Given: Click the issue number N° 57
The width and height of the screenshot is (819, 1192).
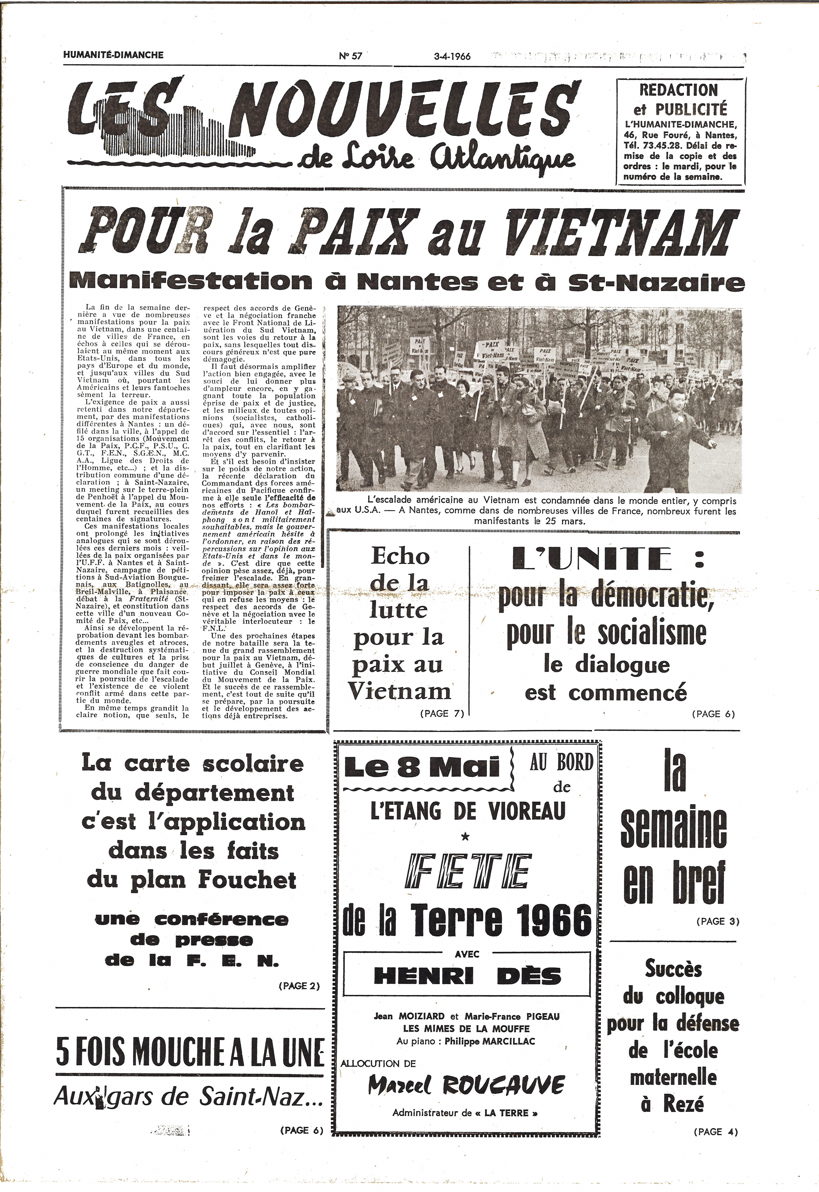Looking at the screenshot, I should (x=351, y=56).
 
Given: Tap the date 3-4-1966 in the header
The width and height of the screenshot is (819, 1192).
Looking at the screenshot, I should (x=452, y=56).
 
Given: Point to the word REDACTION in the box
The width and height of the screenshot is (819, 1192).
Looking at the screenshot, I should (x=678, y=90).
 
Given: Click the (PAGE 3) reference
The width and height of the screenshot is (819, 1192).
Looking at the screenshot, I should (x=717, y=921).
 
